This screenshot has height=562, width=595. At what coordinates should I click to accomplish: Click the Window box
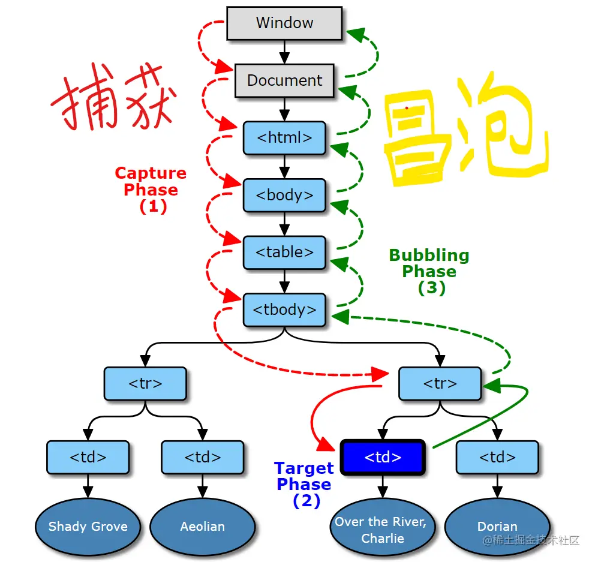pyautogui.click(x=284, y=23)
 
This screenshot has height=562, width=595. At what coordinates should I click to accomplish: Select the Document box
pyautogui.click(x=284, y=80)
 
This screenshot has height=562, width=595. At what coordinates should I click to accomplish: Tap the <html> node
pyautogui.click(x=284, y=137)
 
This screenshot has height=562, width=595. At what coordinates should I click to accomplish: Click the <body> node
pyautogui.click(x=284, y=195)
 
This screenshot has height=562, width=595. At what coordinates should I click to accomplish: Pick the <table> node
pyautogui.click(x=284, y=253)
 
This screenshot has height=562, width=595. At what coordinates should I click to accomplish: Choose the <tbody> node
pyautogui.click(x=284, y=309)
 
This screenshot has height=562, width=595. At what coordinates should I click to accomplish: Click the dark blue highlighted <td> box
pyautogui.click(x=383, y=457)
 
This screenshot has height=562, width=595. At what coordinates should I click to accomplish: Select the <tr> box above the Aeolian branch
pyautogui.click(x=145, y=383)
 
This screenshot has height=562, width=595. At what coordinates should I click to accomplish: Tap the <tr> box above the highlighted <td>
pyautogui.click(x=440, y=383)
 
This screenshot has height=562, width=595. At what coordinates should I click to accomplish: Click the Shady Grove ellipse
pyautogui.click(x=88, y=527)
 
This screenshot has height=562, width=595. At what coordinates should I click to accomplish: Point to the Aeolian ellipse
pyautogui.click(x=203, y=527)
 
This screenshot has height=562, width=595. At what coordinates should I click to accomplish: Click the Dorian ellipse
pyautogui.click(x=497, y=527)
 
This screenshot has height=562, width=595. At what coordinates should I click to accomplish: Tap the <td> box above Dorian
pyautogui.click(x=497, y=457)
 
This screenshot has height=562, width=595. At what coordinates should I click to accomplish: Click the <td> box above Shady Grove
pyautogui.click(x=88, y=457)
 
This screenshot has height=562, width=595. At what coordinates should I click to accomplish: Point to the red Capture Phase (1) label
pyautogui.click(x=151, y=190)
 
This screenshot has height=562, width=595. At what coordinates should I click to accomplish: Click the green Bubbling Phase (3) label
pyautogui.click(x=429, y=271)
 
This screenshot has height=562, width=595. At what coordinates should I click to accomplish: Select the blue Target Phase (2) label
pyautogui.click(x=304, y=484)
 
